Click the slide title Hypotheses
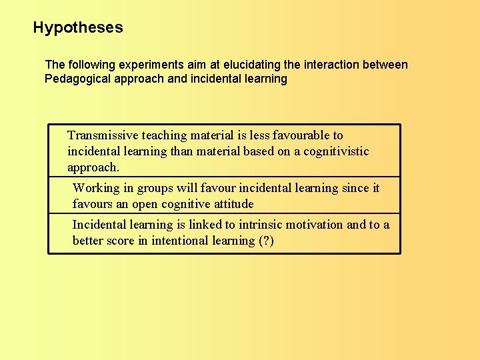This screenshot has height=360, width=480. click(78, 28)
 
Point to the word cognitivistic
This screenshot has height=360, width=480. click(336, 151)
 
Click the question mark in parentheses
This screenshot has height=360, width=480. click(265, 241)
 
